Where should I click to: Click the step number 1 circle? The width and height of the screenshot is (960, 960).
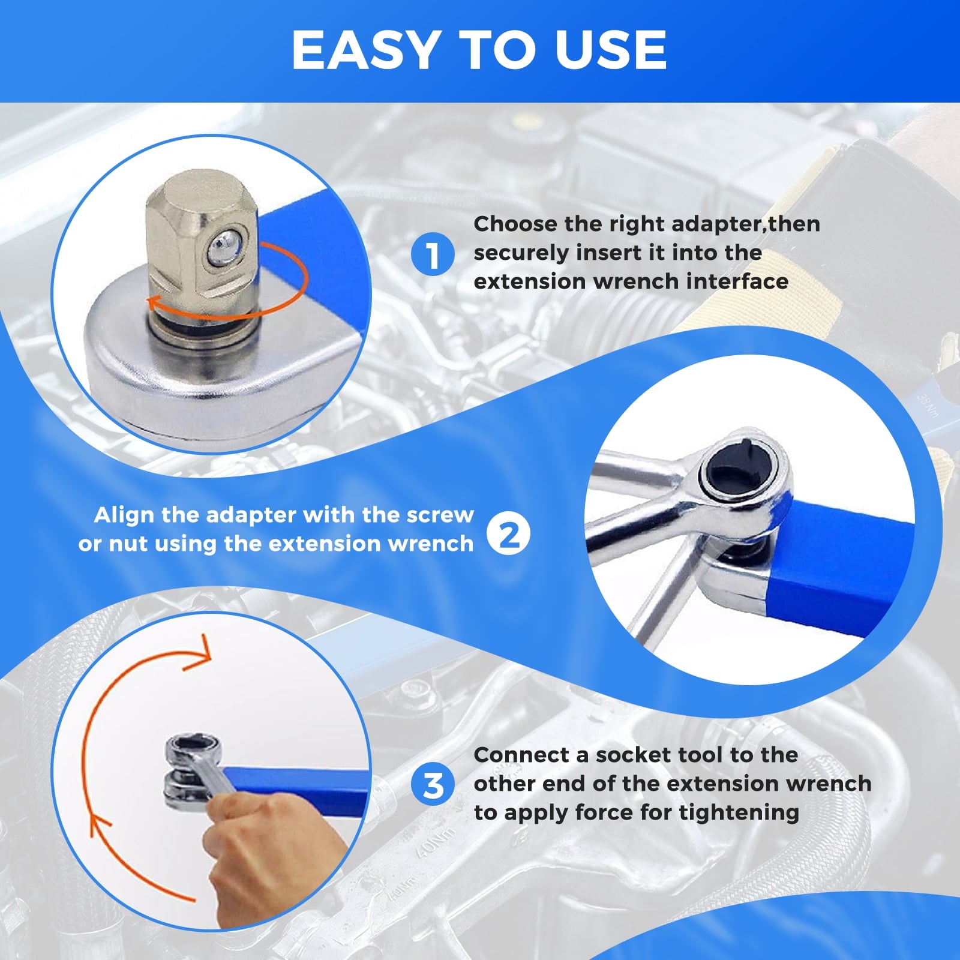click(x=433, y=254)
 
